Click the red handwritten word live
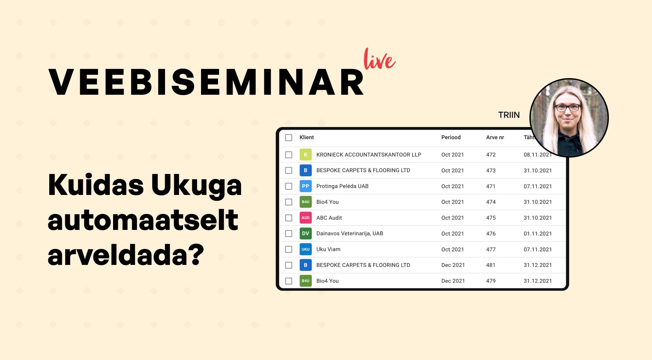(x=379, y=59)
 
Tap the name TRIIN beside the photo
(x=509, y=115)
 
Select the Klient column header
(x=306, y=138)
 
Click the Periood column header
(x=451, y=138)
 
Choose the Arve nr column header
(x=495, y=138)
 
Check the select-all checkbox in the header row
(x=289, y=138)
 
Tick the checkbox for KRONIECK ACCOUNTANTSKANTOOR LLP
(x=289, y=155)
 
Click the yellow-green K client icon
(x=306, y=155)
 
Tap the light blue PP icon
(x=306, y=186)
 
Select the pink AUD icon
(x=306, y=218)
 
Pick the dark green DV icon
(x=306, y=234)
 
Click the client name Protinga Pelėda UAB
(x=342, y=186)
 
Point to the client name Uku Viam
(x=328, y=249)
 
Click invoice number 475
(x=491, y=218)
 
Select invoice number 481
(x=491, y=265)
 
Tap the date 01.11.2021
(x=538, y=234)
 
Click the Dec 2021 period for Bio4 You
(x=453, y=281)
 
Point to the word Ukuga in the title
(x=196, y=186)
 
